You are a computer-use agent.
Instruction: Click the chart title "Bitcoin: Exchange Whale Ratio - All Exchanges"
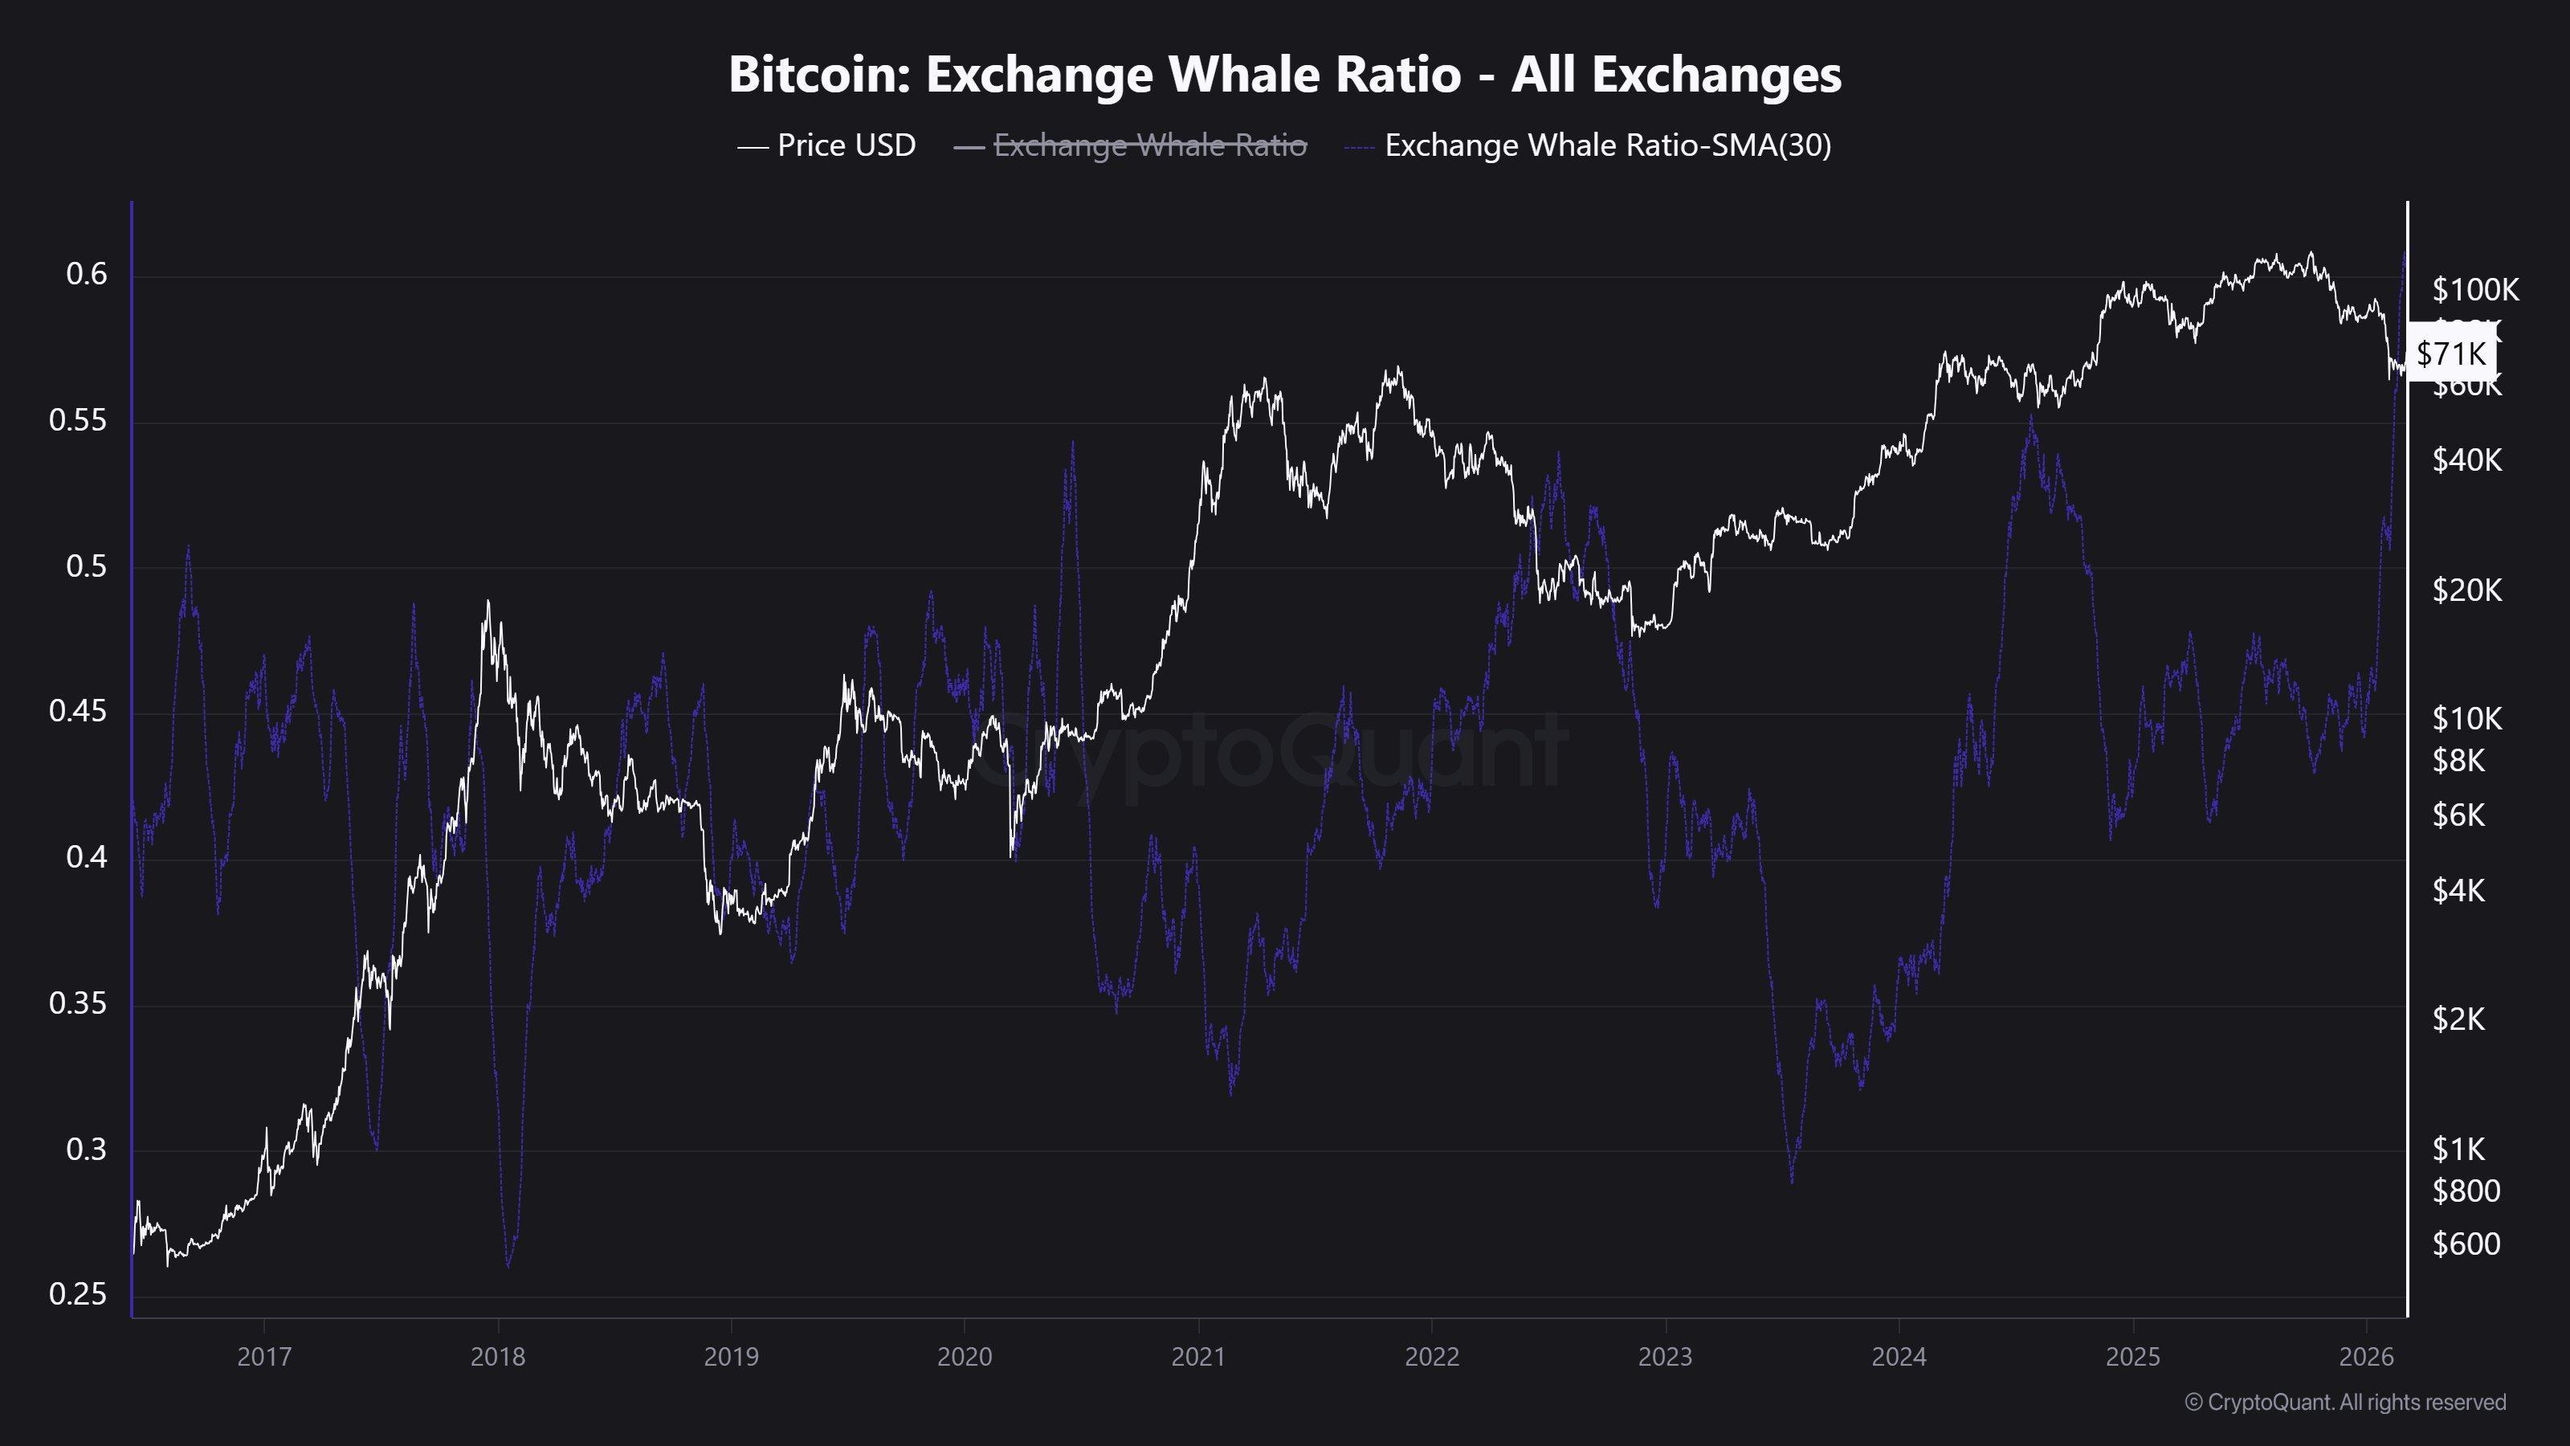click(1284, 74)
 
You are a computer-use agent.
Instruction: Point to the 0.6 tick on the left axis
click(86, 275)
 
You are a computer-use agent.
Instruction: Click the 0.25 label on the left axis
click(78, 1294)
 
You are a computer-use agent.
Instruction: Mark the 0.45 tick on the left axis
click(78, 712)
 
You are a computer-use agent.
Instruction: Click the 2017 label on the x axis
click(264, 1357)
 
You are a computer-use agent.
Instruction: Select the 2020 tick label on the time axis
click(965, 1357)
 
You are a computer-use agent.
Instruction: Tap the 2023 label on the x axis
click(1665, 1357)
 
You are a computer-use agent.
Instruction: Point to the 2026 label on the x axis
click(2367, 1357)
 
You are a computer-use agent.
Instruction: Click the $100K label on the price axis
click(2475, 290)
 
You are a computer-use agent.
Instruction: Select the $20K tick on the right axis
click(2467, 590)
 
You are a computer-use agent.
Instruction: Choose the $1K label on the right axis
click(2459, 1150)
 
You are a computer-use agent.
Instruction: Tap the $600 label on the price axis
click(2466, 1244)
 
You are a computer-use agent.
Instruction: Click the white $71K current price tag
click(2451, 353)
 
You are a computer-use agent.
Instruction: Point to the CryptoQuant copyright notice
click(2344, 1402)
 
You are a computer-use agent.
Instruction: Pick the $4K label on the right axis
click(2459, 890)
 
